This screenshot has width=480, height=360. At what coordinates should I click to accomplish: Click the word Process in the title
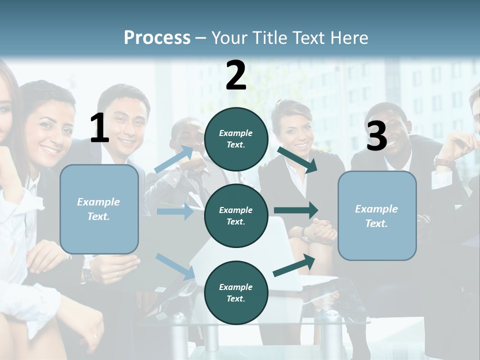[x=157, y=37]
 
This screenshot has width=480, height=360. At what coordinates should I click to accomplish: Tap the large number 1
[x=99, y=128]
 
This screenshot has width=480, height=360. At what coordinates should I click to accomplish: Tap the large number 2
[x=236, y=75]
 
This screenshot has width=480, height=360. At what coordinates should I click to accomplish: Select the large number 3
[x=376, y=136]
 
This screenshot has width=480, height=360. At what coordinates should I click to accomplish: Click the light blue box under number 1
[x=99, y=209]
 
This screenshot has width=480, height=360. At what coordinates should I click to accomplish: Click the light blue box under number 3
[x=377, y=215]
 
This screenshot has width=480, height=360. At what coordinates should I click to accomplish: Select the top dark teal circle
[x=236, y=139]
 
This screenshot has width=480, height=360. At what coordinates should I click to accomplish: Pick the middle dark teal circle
[x=236, y=215]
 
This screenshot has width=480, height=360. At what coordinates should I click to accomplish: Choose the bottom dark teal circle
[x=236, y=292]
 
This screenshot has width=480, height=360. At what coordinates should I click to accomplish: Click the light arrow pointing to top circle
[x=174, y=159]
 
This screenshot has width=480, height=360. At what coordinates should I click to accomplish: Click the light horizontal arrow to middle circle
[x=175, y=211]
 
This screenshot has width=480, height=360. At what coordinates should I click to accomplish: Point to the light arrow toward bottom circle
[x=175, y=266]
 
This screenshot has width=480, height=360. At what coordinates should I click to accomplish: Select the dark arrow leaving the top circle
[x=297, y=159]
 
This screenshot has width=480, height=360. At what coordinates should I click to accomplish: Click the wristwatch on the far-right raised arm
[x=444, y=162]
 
